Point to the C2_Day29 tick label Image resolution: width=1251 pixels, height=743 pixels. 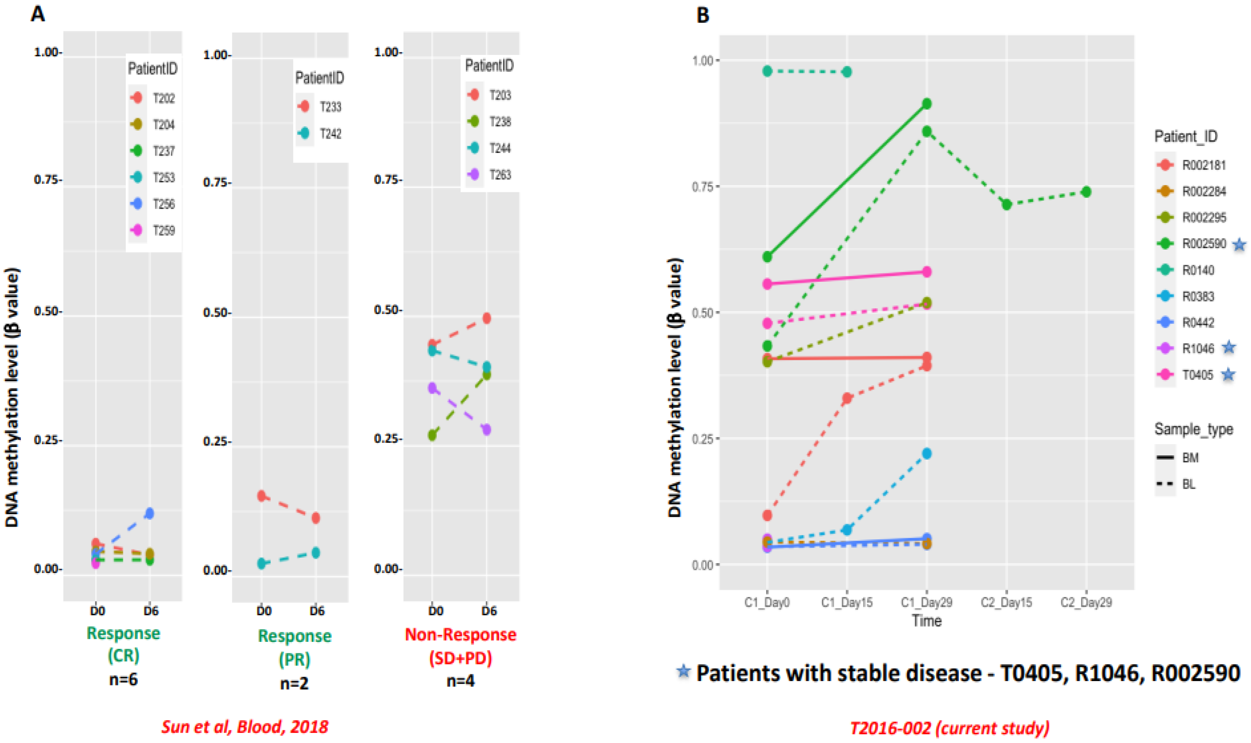[x=1086, y=602]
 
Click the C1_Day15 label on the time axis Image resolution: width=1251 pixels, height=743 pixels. [x=847, y=602]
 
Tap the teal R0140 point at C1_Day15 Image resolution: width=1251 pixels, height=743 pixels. [x=847, y=72]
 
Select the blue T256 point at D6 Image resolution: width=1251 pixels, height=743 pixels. [x=149, y=513]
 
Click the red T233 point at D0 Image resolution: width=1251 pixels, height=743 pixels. [x=261, y=496]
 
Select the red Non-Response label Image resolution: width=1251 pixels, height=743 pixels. [x=460, y=635]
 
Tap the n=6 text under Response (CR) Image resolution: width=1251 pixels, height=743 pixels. [x=123, y=679]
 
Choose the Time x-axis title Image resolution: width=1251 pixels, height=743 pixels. [x=926, y=621]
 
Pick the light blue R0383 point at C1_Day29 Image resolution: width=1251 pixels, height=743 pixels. [x=926, y=454]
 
